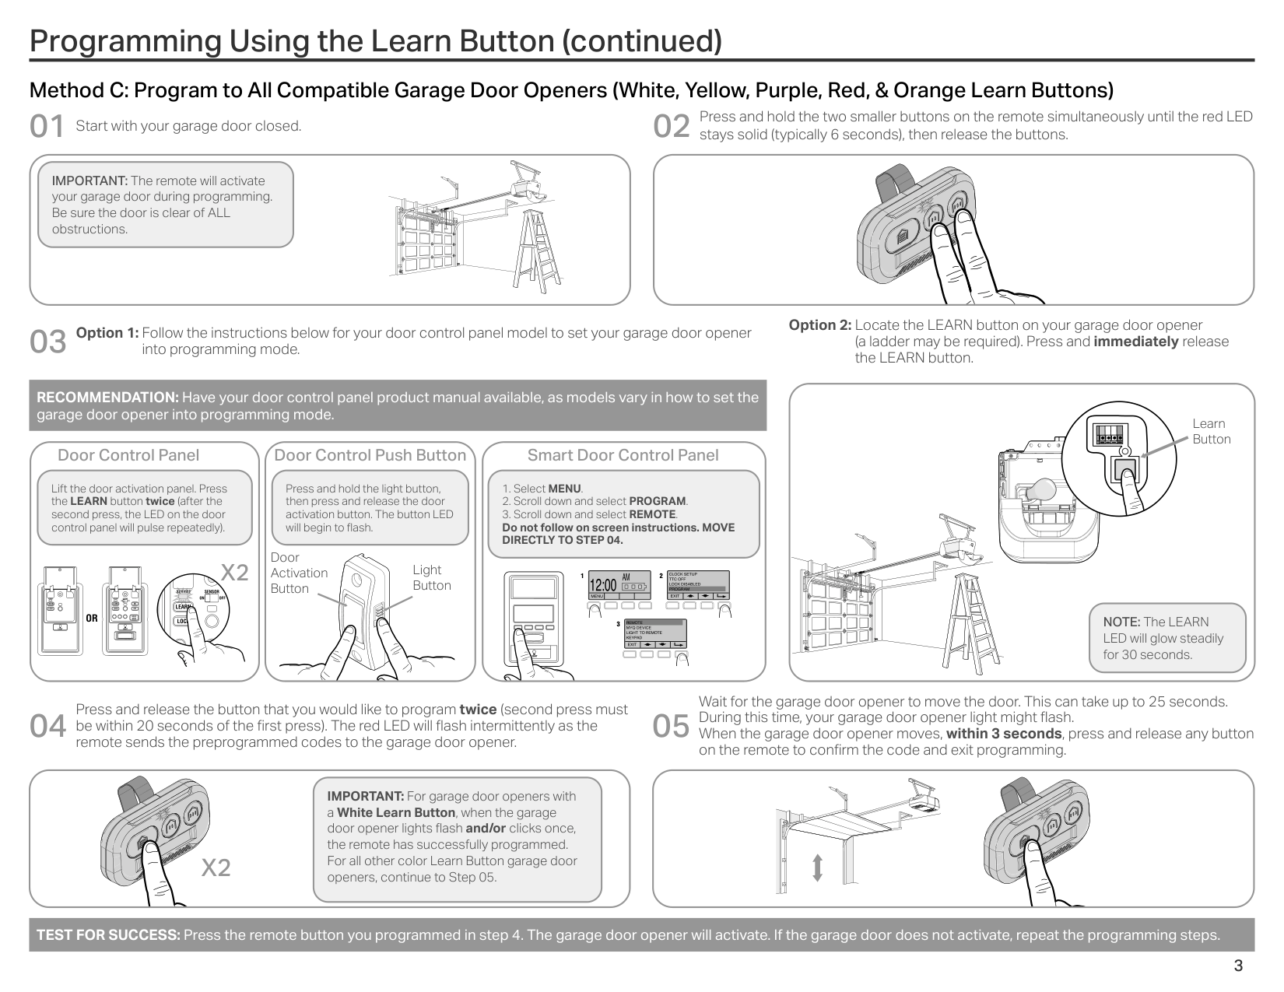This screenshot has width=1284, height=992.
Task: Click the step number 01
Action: [47, 127]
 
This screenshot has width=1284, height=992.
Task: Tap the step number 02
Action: [672, 127]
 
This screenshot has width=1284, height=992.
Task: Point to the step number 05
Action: [672, 727]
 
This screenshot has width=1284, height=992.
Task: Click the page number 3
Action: [1237, 966]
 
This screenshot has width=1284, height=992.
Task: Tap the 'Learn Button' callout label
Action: [1211, 431]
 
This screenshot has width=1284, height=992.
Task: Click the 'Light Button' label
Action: [431, 577]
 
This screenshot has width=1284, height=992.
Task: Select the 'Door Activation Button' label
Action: [298, 573]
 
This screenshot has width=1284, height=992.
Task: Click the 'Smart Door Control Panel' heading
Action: [623, 455]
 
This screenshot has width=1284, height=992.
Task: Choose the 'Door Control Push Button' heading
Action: [370, 455]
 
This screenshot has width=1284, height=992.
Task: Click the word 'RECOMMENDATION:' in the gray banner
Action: [107, 398]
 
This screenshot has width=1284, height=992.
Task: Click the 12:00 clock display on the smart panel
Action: [603, 585]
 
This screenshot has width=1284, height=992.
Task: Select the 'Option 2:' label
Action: [819, 325]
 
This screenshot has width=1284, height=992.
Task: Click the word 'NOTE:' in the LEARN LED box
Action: [1121, 622]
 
